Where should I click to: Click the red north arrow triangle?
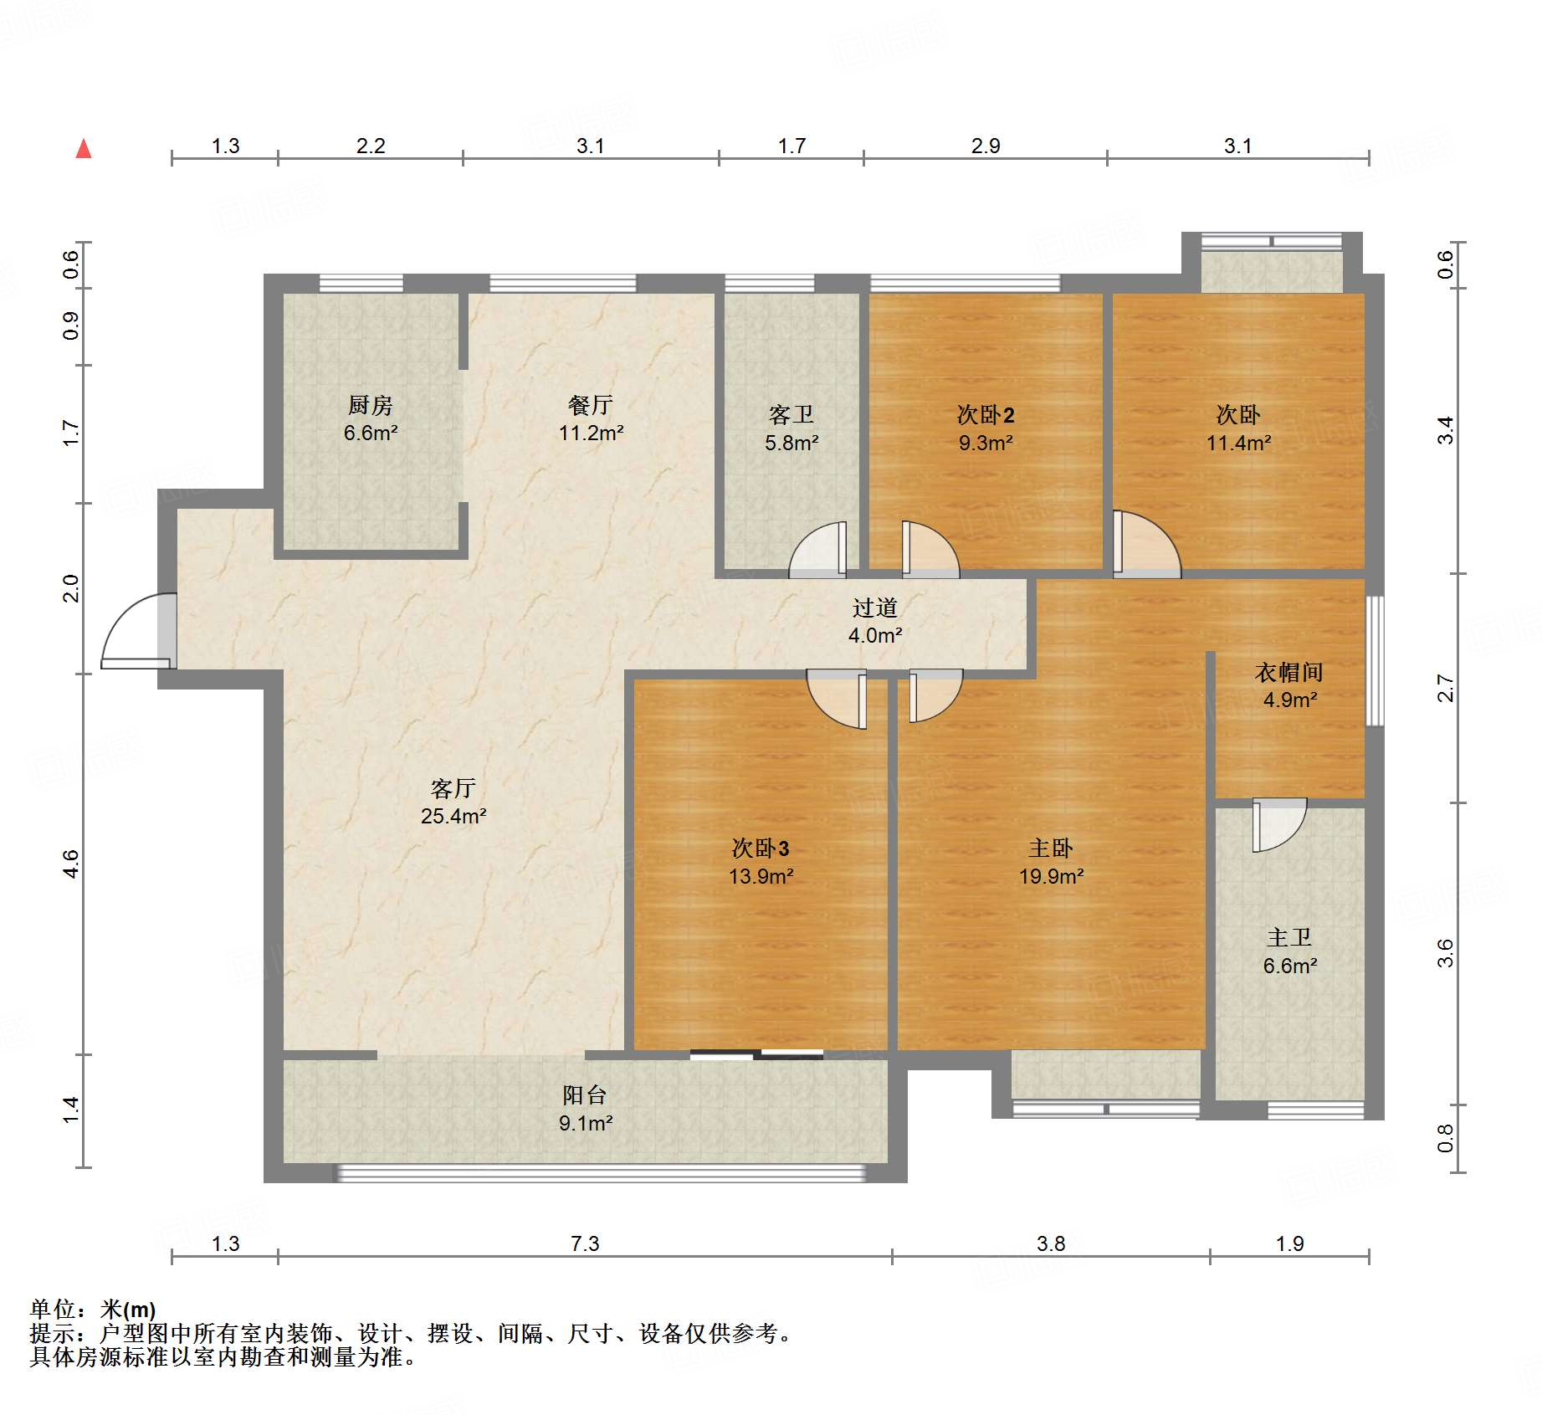click(84, 149)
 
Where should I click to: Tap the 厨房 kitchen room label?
click(371, 405)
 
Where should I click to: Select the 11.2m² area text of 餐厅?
click(592, 433)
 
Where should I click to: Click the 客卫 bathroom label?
click(791, 415)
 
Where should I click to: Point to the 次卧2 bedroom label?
click(986, 415)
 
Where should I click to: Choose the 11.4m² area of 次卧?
click(1238, 443)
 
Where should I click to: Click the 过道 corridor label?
click(875, 608)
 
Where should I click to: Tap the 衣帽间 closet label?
click(1289, 672)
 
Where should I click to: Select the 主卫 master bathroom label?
click(1289, 938)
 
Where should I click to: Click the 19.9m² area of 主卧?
click(1051, 876)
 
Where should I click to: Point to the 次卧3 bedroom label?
click(761, 848)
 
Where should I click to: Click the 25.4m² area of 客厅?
click(453, 816)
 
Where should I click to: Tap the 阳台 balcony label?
click(585, 1095)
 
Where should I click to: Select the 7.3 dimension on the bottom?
click(585, 1243)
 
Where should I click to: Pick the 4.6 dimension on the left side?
click(71, 864)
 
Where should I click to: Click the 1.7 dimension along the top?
click(791, 146)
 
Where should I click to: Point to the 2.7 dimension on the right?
click(1445, 688)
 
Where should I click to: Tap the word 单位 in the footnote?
click(53, 1309)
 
